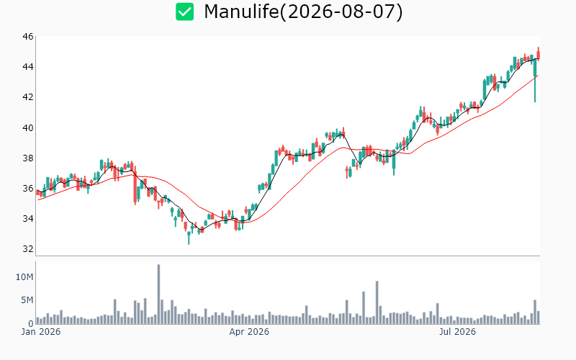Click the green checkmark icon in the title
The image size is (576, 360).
(184, 12)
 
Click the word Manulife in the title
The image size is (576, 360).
(241, 12)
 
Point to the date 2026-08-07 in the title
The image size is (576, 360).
(341, 12)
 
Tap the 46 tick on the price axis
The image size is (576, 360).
(28, 37)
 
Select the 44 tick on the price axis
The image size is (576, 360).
(28, 66)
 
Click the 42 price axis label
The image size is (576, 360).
(28, 97)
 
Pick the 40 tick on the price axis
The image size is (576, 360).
(28, 128)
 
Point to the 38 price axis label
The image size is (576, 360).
(28, 158)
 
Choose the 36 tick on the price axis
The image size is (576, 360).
(28, 189)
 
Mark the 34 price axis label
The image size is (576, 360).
(28, 219)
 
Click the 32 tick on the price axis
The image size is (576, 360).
(28, 248)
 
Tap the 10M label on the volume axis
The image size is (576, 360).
(24, 277)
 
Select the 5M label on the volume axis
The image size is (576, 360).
(27, 300)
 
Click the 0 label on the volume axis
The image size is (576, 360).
(31, 323)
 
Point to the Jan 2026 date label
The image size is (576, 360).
(41, 332)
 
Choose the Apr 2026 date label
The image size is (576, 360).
(249, 332)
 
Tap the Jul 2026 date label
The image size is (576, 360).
(457, 332)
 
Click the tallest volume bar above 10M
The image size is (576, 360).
(158, 294)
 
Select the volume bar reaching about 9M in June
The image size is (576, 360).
(377, 302)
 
